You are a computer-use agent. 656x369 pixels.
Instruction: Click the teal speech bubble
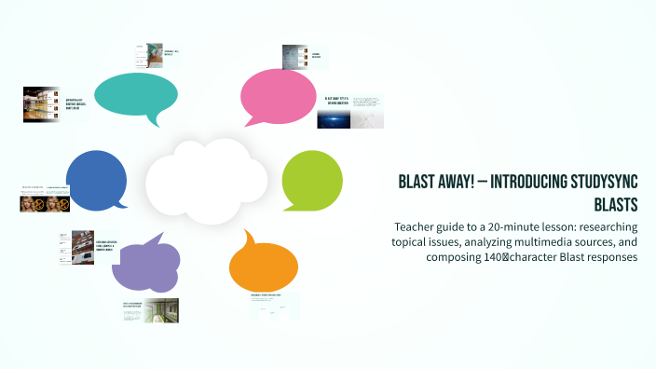pyautogui.click(x=136, y=93)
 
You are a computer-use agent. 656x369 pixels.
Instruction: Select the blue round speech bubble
pyautogui.click(x=96, y=179)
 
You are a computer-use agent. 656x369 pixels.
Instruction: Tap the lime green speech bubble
pyautogui.click(x=312, y=174)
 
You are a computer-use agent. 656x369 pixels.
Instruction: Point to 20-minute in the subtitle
pyautogui.click(x=499, y=227)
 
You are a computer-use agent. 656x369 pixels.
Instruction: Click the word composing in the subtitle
pyautogui.click(x=459, y=257)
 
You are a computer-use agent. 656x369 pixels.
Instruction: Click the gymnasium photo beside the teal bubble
pyautogui.click(x=42, y=104)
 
